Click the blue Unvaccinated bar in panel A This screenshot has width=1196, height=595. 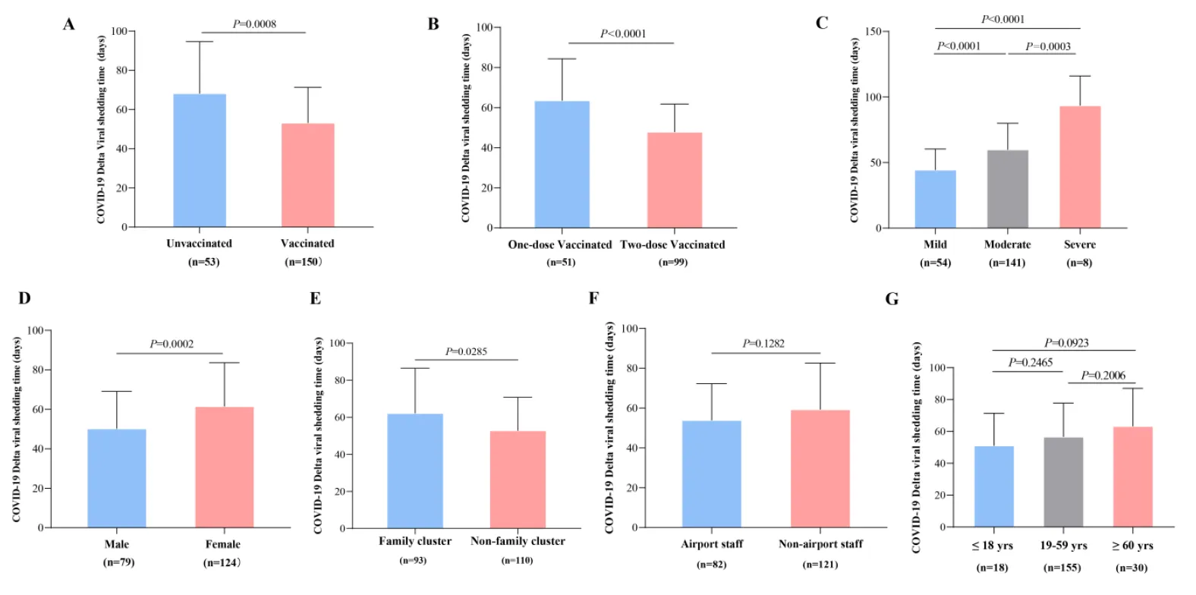point(200,161)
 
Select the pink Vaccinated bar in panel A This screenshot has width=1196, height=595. point(307,175)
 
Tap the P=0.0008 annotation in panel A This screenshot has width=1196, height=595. point(254,24)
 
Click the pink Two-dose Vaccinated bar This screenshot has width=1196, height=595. point(674,181)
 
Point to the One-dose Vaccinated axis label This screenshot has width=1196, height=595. point(559,244)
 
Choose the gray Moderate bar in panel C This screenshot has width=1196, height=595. point(1007,189)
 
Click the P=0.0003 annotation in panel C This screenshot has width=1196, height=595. point(1048,46)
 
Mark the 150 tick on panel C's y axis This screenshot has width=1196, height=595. point(872,31)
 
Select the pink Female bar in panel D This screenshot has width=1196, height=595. point(224,467)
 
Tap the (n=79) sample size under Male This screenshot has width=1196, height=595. point(118,562)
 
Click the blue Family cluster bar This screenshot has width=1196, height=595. point(415,471)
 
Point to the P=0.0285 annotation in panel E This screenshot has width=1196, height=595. point(466,351)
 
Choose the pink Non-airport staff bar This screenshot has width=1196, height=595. point(820,469)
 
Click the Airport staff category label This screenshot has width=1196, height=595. point(712,544)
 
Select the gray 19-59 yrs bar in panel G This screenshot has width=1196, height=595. point(1063,482)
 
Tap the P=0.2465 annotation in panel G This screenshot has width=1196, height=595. point(1030,363)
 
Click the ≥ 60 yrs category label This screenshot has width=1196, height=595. point(1132,546)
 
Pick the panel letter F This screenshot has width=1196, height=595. point(593,298)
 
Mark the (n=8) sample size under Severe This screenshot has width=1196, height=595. point(1079,263)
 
